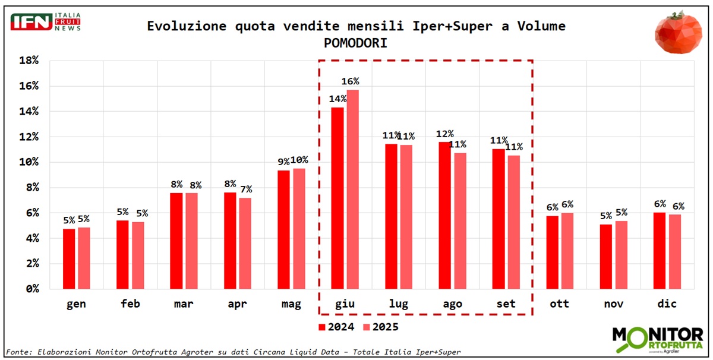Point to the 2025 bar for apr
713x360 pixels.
point(245,243)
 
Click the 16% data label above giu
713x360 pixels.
point(349,81)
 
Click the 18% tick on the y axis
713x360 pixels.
point(29,61)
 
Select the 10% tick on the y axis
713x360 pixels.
point(29,162)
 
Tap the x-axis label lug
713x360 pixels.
point(398,304)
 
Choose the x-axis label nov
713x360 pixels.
point(613,304)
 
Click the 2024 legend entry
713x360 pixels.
point(336,327)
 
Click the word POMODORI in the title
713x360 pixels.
point(356,44)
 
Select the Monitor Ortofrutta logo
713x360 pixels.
point(657,340)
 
